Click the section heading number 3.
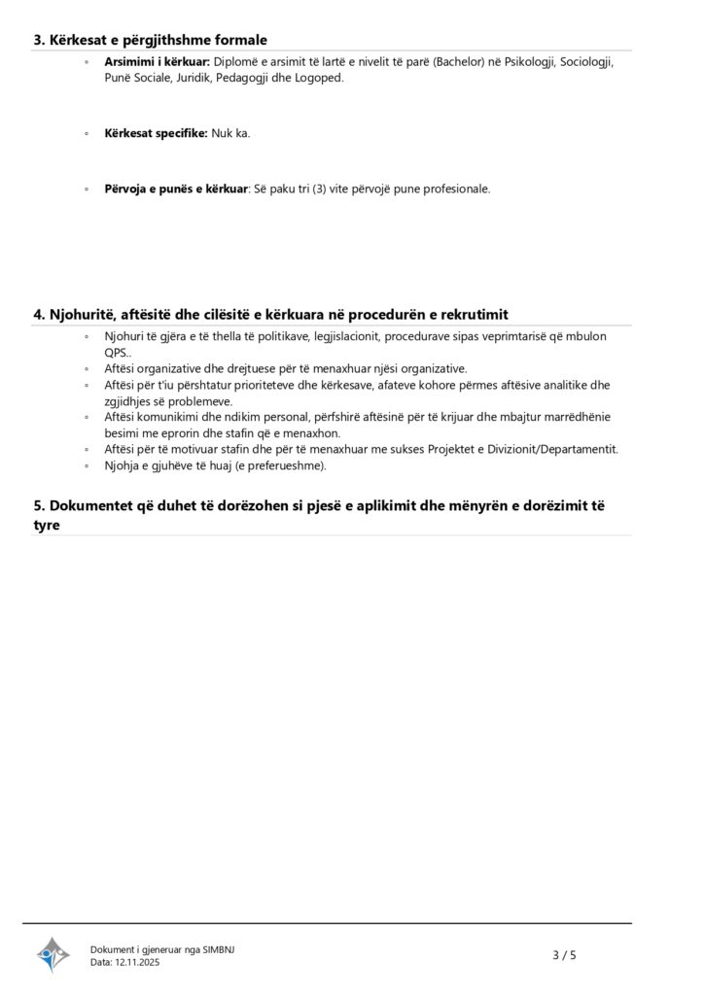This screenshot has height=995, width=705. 39,40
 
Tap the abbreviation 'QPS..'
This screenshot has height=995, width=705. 119,352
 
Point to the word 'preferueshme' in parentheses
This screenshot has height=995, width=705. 289,465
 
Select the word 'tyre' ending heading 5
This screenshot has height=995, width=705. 47,525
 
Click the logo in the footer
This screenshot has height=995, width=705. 53,955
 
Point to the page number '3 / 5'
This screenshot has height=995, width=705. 564,955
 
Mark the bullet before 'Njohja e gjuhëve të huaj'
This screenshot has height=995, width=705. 87,466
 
